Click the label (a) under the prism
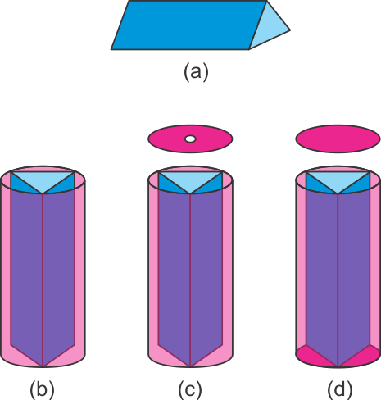point(196,72)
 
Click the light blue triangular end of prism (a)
point(270,29)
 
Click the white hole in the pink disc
point(190,139)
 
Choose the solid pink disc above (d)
point(338,139)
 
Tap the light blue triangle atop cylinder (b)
point(43,180)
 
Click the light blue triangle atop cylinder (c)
point(190,180)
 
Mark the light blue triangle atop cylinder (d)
point(338,180)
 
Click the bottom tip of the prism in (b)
point(43,366)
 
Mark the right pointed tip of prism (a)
point(290,30)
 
